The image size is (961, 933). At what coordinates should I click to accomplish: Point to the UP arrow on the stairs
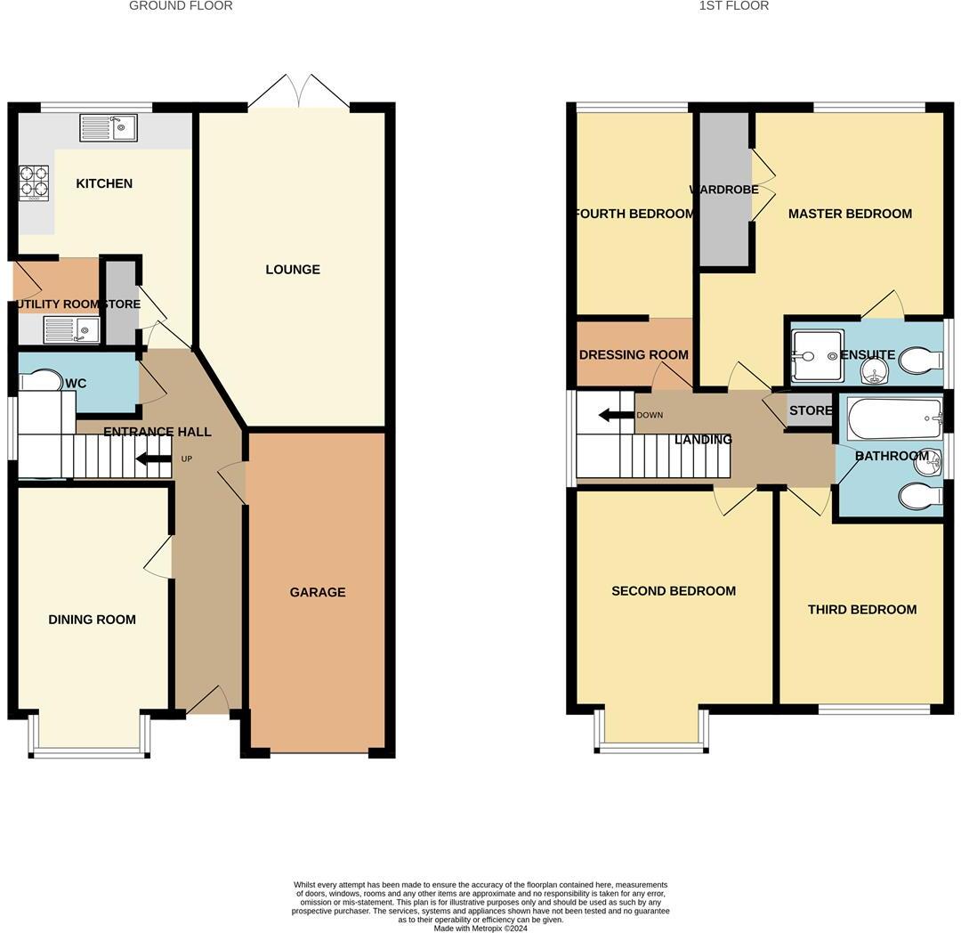coord(153,459)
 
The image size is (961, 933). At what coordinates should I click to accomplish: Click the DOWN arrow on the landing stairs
coord(616,415)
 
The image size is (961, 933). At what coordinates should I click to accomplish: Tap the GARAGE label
coord(317,592)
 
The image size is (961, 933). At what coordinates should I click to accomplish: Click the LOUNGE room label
coord(292,270)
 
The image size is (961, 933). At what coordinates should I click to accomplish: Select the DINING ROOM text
coord(92,620)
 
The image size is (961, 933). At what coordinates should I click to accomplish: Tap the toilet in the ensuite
coord(920,361)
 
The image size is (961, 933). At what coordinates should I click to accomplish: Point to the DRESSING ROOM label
coord(634,354)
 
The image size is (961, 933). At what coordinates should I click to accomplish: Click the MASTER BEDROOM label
coord(850,214)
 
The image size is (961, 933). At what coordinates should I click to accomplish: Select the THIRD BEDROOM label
coord(861,610)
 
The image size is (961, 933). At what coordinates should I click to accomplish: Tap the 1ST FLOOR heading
coord(733,6)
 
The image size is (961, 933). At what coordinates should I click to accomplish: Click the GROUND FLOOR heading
coord(181,6)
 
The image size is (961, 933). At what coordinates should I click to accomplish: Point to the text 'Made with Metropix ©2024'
coord(480,928)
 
